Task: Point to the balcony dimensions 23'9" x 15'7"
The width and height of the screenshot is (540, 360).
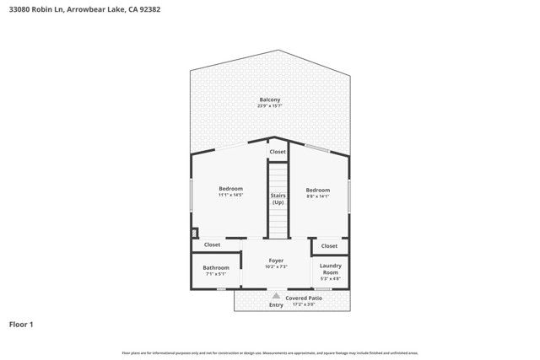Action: [270, 106]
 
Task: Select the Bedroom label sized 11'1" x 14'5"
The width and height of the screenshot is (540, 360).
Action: [230, 188]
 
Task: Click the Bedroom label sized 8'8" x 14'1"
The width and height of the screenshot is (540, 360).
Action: [317, 190]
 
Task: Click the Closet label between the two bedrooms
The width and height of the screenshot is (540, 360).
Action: [278, 152]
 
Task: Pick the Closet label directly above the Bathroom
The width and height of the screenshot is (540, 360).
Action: [212, 244]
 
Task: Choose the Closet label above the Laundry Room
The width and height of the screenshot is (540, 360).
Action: [329, 245]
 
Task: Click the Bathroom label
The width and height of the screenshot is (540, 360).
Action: [216, 267]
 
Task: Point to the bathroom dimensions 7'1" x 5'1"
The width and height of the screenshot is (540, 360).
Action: [216, 273]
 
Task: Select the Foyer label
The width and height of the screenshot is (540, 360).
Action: [276, 261]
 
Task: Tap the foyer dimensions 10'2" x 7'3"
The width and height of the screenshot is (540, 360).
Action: [276, 266]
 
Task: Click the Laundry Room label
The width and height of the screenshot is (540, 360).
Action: [330, 269]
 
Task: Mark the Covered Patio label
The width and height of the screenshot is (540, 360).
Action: [304, 298]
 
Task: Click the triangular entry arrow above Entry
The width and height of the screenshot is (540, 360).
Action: [276, 296]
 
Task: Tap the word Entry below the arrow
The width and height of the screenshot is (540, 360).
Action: [276, 304]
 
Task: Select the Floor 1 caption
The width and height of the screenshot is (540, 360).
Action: [21, 324]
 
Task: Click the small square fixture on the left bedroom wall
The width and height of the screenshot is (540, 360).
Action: [194, 233]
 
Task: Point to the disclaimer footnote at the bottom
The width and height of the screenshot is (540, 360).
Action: [270, 352]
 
